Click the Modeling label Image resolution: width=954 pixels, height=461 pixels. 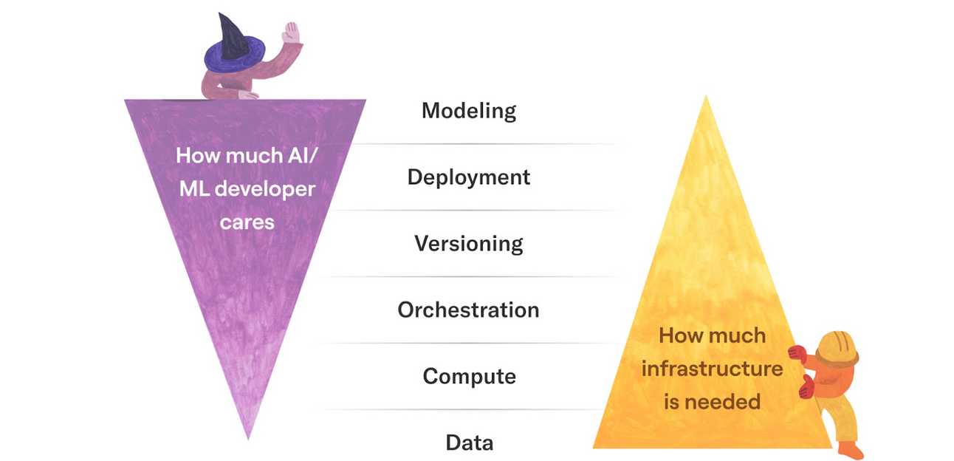tap(468, 111)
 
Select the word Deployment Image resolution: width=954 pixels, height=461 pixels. tap(468, 177)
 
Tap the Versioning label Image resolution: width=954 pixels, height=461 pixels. tap(468, 244)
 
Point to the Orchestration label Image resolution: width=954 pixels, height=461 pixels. tap(468, 310)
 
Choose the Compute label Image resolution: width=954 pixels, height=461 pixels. tap(468, 376)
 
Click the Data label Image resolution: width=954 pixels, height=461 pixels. tap(469, 443)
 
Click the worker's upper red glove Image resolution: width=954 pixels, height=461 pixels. tap(797, 354)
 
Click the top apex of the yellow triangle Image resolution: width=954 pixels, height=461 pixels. tap(706, 98)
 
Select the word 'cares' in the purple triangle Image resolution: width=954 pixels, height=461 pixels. tap(247, 222)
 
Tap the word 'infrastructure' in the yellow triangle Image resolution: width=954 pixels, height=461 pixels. tap(711, 368)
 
